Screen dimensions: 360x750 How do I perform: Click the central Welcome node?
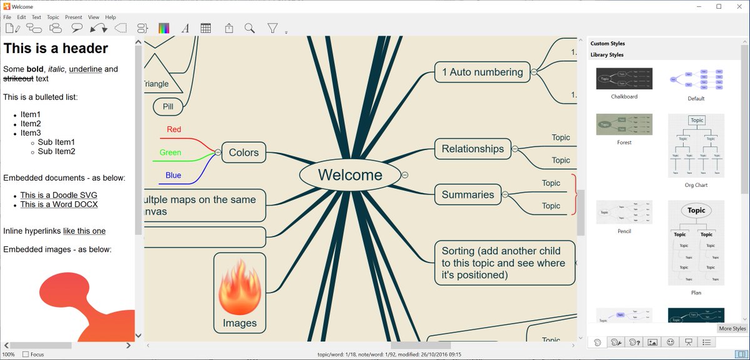pos(349,175)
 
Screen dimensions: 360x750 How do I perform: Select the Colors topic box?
pos(244,152)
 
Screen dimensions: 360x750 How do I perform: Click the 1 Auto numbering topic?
pos(482,72)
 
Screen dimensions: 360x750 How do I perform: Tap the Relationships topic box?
pos(472,149)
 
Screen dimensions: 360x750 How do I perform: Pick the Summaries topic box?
pos(467,194)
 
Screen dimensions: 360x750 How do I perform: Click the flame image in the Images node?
pos(240,288)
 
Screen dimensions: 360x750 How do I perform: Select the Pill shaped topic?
pos(167,106)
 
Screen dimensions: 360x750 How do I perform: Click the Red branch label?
pos(174,129)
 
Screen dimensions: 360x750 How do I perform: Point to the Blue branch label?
pos(173,175)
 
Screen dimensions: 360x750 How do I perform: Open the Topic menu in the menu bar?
pos(53,17)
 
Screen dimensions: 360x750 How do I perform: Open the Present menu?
pos(73,17)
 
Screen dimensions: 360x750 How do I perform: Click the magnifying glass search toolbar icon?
pos(249,28)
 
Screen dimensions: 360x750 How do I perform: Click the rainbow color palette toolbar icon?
pos(164,28)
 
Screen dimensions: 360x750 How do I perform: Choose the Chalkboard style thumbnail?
pos(624,79)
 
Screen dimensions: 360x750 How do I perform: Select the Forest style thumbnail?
pos(624,124)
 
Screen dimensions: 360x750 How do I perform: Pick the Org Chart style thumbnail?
pos(696,146)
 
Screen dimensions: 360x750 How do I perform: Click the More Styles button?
pos(732,329)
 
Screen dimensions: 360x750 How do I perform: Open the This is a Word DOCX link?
pos(59,204)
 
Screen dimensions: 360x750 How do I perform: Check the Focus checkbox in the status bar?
pos(26,354)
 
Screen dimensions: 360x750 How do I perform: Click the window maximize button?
pos(719,6)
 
